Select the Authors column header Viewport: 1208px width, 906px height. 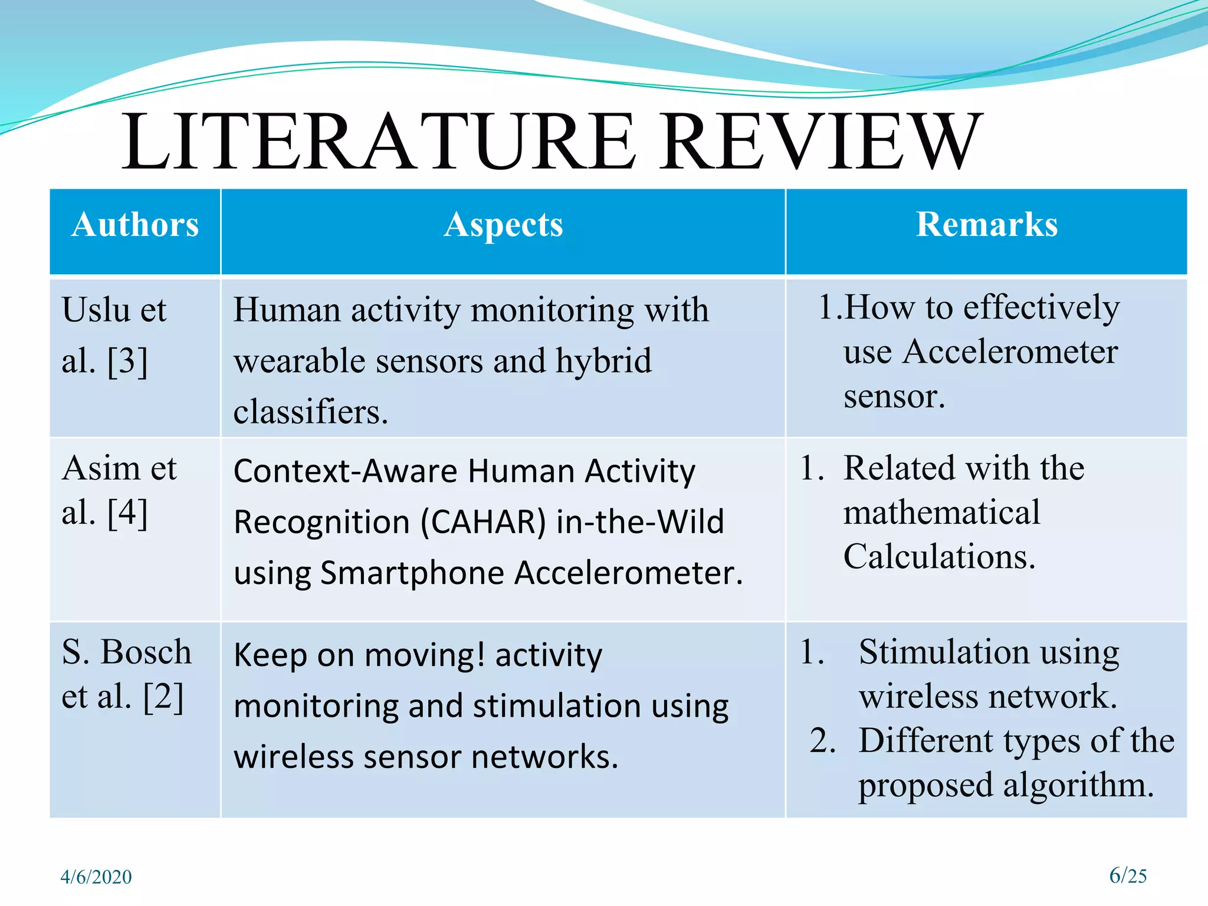point(135,225)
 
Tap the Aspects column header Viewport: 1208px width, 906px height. point(503,225)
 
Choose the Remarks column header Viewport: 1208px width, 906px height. point(987,225)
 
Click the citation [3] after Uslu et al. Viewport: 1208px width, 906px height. point(127,361)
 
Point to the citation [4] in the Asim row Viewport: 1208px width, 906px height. point(127,513)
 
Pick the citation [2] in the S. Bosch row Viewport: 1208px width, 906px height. point(163,697)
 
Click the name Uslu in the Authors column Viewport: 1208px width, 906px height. point(96,310)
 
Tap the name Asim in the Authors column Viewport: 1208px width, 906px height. point(101,468)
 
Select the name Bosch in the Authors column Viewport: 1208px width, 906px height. point(146,652)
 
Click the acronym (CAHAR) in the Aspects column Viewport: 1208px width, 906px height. point(484,522)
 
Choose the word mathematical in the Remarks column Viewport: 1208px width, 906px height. point(941,512)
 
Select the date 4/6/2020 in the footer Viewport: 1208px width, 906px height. point(96,877)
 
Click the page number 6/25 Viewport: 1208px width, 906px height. point(1128,876)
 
